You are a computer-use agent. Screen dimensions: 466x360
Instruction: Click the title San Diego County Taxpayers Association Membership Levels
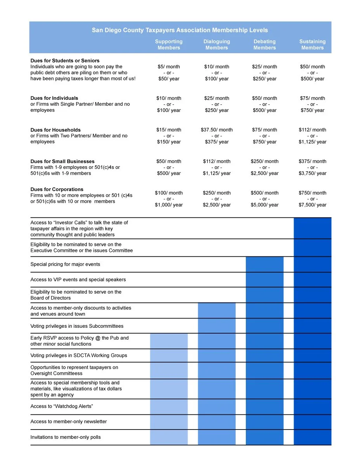tap(180, 30)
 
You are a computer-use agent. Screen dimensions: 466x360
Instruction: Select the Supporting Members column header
tap(169, 45)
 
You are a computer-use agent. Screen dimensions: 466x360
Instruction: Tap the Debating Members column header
tap(264, 45)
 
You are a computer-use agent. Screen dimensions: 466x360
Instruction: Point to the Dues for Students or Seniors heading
tap(65, 61)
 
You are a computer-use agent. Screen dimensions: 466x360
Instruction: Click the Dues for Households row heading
tap(56, 130)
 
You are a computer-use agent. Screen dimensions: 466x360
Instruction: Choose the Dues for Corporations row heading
tap(57, 190)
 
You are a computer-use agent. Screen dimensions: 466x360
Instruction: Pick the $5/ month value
tap(169, 67)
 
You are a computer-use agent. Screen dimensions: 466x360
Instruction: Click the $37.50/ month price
tap(217, 130)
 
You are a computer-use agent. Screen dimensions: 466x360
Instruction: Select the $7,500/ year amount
tap(313, 205)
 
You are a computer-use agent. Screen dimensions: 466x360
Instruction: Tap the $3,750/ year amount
tap(313, 173)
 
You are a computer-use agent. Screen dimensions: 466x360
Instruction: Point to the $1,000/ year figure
tap(169, 205)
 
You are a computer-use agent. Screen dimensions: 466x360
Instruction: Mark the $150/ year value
tap(169, 142)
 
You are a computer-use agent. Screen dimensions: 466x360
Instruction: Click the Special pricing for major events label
tap(65, 264)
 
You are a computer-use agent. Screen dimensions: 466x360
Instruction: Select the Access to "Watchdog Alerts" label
tap(62, 407)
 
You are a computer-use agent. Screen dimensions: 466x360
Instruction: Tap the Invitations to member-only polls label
tap(66, 437)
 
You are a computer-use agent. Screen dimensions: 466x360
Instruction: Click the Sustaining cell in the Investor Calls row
tap(313, 228)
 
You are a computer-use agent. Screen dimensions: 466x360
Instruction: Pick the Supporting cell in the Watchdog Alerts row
tap(169, 407)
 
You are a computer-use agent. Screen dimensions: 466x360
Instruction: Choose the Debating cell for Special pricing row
tap(264, 264)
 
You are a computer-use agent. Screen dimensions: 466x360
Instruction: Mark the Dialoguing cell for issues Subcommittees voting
tap(217, 326)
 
